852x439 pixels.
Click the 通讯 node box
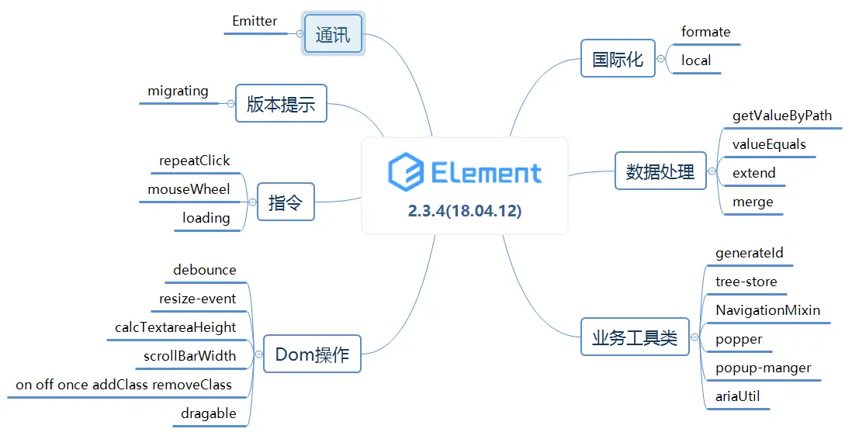(333, 34)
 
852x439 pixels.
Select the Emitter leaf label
(255, 21)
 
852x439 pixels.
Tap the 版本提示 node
(281, 104)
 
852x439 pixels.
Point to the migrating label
(178, 91)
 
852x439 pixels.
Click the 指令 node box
(280, 203)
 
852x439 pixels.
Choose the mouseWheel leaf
(189, 189)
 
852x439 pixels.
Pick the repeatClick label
(194, 161)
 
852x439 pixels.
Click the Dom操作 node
(312, 354)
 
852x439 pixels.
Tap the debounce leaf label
(204, 270)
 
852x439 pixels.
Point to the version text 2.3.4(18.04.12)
(465, 211)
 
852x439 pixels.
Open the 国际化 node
(618, 59)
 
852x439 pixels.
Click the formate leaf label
(705, 32)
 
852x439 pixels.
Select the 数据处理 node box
(660, 172)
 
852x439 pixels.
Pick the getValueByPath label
(781, 116)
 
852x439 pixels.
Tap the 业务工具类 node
(635, 338)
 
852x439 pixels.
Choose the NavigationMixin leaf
(767, 310)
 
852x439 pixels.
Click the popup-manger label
(763, 368)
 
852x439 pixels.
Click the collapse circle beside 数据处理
(712, 172)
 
